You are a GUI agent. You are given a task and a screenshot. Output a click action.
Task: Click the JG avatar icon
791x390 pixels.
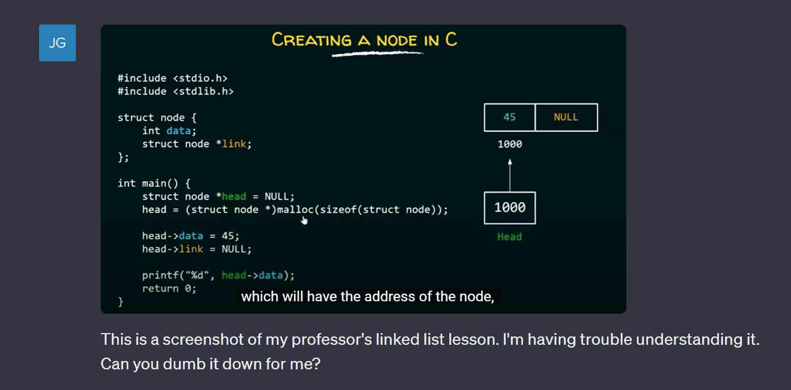57,43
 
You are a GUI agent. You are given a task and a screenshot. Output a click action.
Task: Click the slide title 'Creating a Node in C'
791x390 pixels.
364,40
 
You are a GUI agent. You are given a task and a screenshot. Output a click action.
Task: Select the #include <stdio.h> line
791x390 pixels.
172,78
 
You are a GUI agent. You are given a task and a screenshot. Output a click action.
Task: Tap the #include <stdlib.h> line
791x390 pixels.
175,92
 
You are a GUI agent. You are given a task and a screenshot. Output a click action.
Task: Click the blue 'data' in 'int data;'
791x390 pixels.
179,131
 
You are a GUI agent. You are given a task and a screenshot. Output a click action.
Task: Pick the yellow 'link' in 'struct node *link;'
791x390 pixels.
234,143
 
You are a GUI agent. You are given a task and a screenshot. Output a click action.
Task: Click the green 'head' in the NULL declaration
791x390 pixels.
234,196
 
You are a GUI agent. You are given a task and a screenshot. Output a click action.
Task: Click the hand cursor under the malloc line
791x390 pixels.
304,220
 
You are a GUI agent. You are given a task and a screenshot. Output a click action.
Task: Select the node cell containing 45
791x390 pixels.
510,118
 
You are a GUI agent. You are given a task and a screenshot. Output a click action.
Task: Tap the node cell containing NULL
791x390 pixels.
567,118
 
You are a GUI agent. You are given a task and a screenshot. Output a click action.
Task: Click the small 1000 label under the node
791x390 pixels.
510,144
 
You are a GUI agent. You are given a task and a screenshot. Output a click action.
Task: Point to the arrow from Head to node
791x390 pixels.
510,175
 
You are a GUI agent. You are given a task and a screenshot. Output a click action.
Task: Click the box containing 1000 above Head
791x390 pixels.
510,208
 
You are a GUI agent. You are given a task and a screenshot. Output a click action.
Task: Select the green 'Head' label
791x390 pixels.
510,237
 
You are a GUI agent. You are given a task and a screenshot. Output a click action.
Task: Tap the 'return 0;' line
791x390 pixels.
169,288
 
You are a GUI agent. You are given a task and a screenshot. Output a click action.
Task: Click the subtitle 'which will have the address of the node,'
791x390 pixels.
368,296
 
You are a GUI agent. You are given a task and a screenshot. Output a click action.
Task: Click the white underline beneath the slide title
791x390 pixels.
377,54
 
